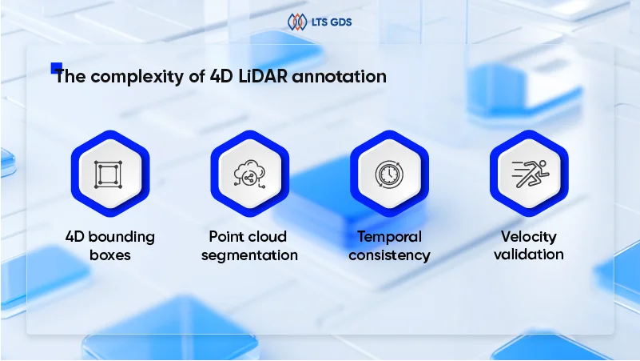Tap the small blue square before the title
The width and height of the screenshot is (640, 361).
click(56, 68)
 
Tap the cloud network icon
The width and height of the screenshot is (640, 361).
click(248, 174)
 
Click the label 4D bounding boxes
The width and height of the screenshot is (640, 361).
click(110, 246)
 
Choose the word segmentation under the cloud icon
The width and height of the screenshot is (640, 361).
click(249, 255)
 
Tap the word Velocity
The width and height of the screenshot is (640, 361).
click(529, 237)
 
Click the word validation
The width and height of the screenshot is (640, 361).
click(529, 255)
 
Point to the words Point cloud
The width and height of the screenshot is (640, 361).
click(248, 237)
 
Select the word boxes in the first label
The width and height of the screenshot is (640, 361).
click(110, 255)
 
